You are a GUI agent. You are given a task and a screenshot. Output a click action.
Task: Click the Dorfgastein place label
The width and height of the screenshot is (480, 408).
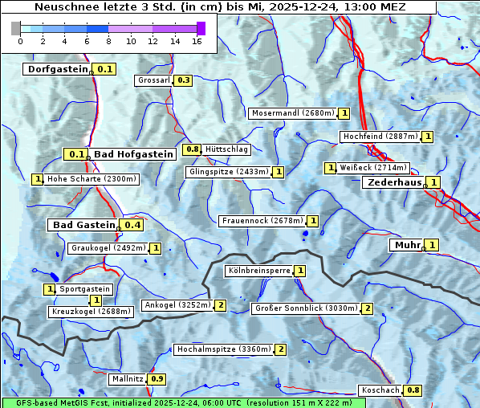click(57, 69)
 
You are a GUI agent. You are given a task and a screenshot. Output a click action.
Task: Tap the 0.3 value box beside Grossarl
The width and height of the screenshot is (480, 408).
click(184, 80)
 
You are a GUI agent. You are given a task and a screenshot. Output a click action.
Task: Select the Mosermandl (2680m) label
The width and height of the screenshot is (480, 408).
click(293, 113)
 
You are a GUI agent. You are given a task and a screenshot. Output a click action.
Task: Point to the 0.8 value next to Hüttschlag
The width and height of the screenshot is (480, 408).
click(192, 149)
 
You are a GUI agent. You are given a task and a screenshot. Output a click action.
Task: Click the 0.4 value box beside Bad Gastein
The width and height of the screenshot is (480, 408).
click(132, 225)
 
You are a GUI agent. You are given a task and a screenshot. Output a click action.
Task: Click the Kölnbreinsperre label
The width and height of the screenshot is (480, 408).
click(258, 271)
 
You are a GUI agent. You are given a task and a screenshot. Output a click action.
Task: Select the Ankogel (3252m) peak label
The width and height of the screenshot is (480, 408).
click(177, 305)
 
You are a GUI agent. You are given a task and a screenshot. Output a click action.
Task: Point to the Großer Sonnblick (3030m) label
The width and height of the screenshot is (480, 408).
click(305, 308)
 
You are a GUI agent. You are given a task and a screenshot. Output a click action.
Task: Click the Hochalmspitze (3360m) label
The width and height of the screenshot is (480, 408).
click(224, 349)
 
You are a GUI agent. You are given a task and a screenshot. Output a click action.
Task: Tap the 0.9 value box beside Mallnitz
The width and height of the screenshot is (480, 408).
click(157, 379)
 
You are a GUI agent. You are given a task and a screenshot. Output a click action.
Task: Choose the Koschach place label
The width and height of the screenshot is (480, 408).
click(380, 390)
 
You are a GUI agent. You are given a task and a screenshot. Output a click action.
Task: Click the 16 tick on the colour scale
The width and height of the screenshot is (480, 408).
click(197, 40)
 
